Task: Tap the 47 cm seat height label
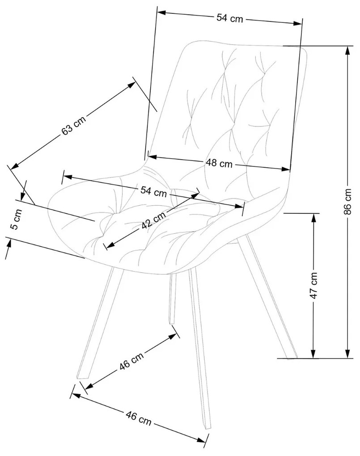(314, 285)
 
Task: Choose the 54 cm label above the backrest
(229, 18)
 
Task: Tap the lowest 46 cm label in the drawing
(138, 419)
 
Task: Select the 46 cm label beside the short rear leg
(131, 361)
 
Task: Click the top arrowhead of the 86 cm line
(347, 49)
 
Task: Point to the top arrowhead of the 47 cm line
(314, 216)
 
